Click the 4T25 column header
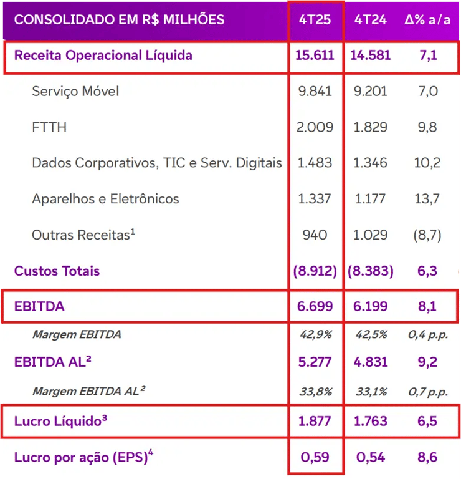coord(315,19)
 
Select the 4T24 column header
coord(370,19)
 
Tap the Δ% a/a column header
coord(428,19)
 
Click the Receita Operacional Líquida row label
coord(103,56)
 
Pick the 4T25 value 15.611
coord(315,56)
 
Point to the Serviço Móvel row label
coord(75,92)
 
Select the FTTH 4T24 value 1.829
coord(370,127)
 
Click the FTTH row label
coord(49,127)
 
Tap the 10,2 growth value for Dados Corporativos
coord(428,163)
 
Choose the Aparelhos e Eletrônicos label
coord(105,200)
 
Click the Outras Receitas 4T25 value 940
coord(315,235)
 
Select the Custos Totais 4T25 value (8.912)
coord(315,271)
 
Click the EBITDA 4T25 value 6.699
coord(315,307)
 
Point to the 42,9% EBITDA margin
coord(315,335)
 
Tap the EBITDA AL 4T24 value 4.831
coord(370,362)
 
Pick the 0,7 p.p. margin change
coord(428,392)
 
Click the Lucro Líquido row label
coord(60,422)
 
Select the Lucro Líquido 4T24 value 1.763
coord(370,422)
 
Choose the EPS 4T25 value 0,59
coord(315,457)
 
